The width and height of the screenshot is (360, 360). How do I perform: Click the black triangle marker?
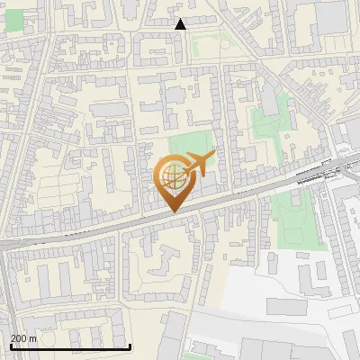[x=180, y=24]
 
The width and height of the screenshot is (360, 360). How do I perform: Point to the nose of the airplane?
[x=214, y=156]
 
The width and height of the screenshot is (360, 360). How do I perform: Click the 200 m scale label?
[x=24, y=338]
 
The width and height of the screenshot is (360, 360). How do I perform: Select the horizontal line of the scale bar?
[x=70, y=346]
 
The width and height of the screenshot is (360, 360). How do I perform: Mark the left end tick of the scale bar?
[x=10, y=346]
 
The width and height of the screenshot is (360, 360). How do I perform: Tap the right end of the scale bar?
[x=130, y=346]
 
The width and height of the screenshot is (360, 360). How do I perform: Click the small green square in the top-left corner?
[x=14, y=20]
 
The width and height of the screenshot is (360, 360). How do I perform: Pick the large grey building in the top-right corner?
[x=330, y=18]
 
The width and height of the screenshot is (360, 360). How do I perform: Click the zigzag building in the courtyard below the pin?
[x=162, y=261]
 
